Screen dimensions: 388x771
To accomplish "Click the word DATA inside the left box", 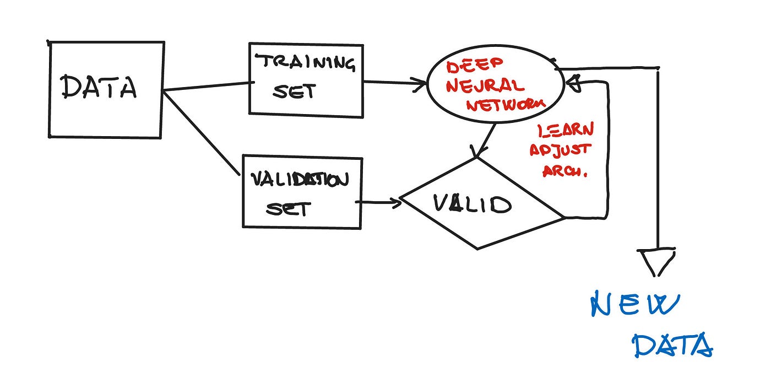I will pos(99,87).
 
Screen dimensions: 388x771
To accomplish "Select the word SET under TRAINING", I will pos(294,91).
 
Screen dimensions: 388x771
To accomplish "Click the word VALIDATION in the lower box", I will pos(300,180).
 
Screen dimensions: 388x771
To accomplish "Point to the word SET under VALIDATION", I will pos(288,208).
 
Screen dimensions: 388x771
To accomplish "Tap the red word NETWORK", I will pos(506,104).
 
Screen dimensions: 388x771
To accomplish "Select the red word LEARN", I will pos(566,131).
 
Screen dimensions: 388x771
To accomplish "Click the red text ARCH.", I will pos(565,171).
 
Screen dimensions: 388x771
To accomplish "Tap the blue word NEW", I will pos(635,305).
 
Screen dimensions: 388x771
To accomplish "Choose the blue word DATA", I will pos(672,346).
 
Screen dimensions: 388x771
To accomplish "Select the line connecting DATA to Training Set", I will pos(207,87).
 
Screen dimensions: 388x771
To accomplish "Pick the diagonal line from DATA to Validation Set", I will pos(202,133).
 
